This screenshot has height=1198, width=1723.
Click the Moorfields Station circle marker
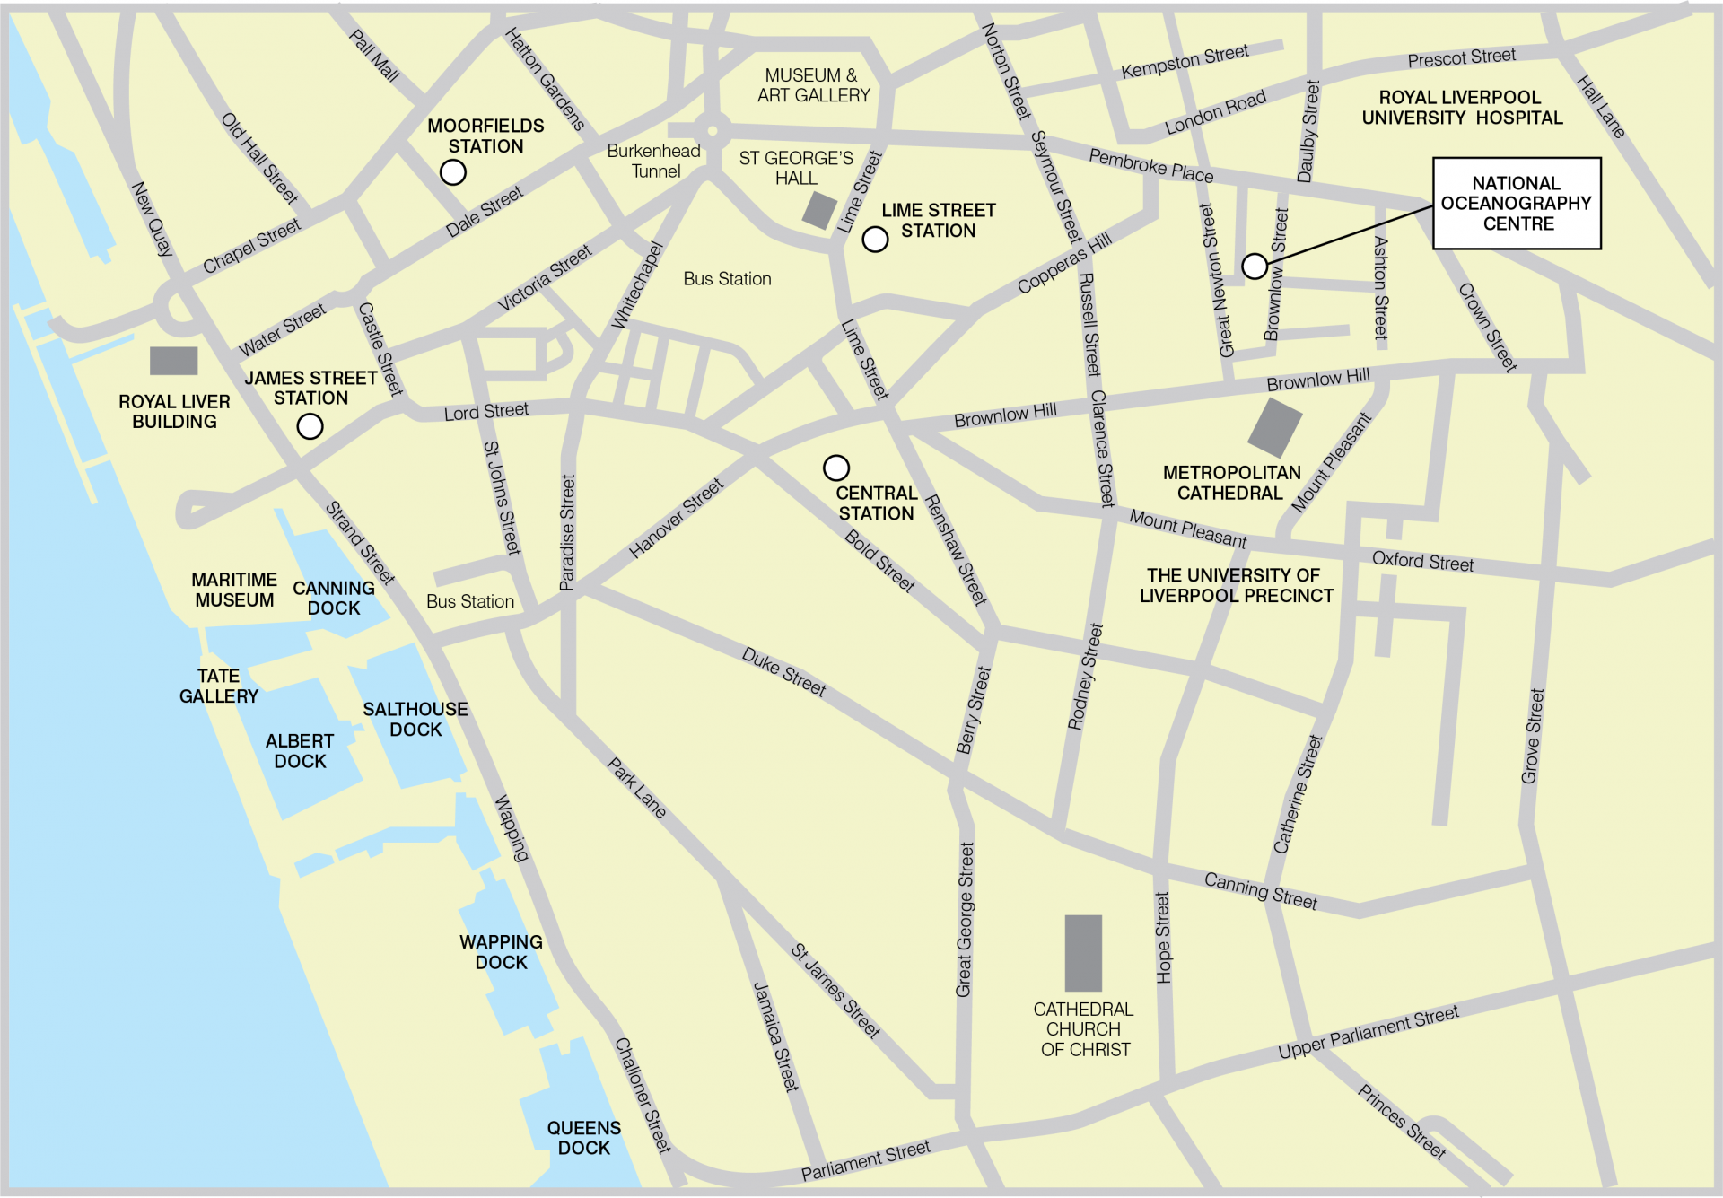coord(453,172)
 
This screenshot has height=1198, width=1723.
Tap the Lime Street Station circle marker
coord(875,240)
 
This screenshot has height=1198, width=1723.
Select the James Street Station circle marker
coord(310,426)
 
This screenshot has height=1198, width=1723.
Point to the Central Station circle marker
coord(835,468)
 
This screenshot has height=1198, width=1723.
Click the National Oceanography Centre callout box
coord(1516,204)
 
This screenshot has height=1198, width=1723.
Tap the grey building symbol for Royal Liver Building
coord(173,361)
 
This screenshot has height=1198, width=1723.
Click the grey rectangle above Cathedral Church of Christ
coord(1083,953)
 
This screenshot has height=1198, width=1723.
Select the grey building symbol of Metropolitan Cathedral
coord(1274,428)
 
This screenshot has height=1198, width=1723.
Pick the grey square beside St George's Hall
coord(819,211)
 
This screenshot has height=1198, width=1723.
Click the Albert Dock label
coord(300,751)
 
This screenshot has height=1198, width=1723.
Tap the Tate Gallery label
coord(218,686)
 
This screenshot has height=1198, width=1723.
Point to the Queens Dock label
coord(584,1138)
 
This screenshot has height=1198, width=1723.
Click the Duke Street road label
coord(783,672)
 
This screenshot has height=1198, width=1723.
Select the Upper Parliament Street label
coord(1368,1033)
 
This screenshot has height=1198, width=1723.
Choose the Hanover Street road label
coord(676,519)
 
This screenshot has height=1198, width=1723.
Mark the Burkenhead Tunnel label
coord(654,162)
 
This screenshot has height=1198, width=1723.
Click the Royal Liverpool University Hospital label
coord(1462,108)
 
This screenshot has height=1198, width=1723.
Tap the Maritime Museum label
coord(234,590)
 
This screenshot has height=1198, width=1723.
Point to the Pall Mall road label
coord(374,56)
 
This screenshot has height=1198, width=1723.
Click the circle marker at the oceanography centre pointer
coord(1255,266)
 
